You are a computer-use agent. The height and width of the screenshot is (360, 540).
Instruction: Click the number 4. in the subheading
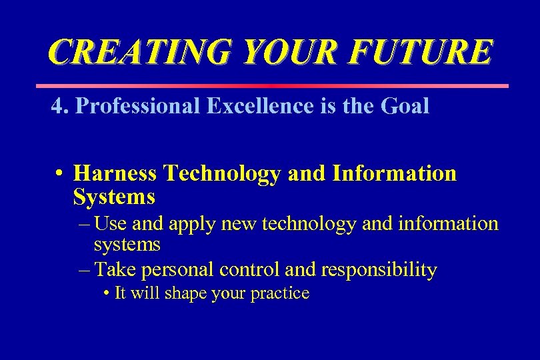coord(60,107)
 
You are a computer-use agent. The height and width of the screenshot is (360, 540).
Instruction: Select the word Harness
coord(115,174)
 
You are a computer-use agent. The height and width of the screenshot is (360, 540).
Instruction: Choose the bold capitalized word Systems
coord(114,197)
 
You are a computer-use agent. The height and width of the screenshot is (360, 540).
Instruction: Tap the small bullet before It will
coord(107,293)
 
